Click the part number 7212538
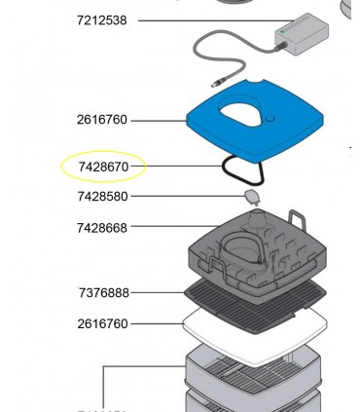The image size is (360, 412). tap(102, 19)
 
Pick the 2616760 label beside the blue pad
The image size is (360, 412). tap(102, 120)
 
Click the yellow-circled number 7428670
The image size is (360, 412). tap(103, 168)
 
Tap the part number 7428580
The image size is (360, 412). tap(103, 197)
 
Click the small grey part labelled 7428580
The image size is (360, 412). tap(252, 199)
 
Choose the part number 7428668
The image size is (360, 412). tap(102, 228)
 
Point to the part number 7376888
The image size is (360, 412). tap(104, 292)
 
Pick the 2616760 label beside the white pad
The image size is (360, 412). tap(102, 323)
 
